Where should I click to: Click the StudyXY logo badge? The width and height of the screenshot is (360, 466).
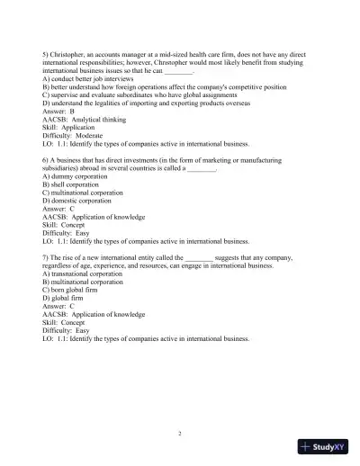click(324, 445)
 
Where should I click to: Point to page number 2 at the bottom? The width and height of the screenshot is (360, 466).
click(180, 433)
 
